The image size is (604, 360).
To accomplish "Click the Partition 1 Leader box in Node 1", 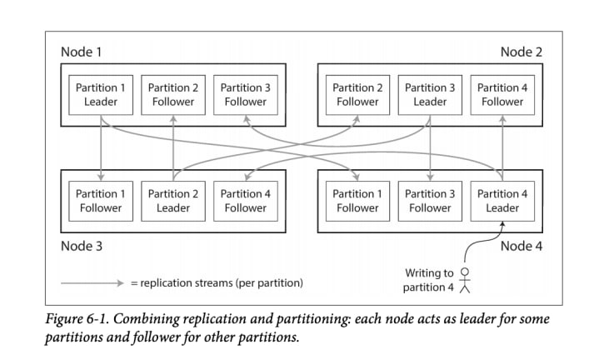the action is click(101, 95).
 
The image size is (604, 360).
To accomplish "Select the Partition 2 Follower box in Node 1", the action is click(173, 95).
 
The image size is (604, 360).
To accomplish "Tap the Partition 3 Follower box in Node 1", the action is click(246, 95).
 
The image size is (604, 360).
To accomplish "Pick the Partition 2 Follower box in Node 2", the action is click(357, 95).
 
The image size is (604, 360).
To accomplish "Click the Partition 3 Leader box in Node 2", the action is click(430, 95).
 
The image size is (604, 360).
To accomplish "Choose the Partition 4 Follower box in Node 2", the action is click(502, 95).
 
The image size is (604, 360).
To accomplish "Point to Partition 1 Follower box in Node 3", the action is click(101, 201).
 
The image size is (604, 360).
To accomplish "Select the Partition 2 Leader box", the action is click(173, 201).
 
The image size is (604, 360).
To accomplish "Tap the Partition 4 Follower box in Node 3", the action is click(246, 201).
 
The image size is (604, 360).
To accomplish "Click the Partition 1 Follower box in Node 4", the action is click(357, 201).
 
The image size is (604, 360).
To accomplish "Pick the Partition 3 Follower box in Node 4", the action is click(430, 201).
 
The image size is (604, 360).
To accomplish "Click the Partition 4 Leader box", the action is click(502, 201).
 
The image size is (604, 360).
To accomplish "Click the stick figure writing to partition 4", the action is click(465, 281).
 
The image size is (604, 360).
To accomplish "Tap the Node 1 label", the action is click(82, 52).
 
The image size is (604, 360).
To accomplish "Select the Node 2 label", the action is click(522, 52).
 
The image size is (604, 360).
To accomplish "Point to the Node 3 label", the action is click(82, 246).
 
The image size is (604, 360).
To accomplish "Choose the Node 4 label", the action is click(522, 246).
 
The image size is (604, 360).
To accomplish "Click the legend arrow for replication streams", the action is click(92, 283).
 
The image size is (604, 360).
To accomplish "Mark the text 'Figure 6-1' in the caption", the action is click(77, 319).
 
